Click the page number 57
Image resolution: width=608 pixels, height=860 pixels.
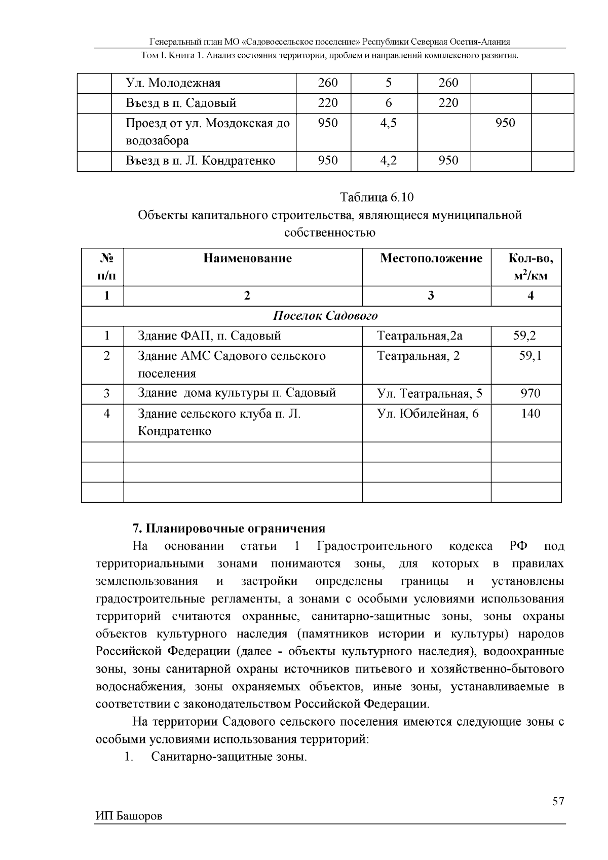pyautogui.click(x=558, y=801)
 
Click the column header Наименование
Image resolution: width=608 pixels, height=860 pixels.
pyautogui.click(x=247, y=258)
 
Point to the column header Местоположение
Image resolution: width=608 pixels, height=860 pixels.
pyautogui.click(x=431, y=258)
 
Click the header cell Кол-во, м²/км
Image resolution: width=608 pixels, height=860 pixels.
pyautogui.click(x=530, y=267)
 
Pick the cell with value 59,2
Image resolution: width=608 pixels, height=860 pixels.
pyautogui.click(x=524, y=335)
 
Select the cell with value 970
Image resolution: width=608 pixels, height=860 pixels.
pyautogui.click(x=530, y=393)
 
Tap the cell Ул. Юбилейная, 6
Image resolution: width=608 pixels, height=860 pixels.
pyautogui.click(x=428, y=414)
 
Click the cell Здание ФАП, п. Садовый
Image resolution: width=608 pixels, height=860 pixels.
pyautogui.click(x=209, y=335)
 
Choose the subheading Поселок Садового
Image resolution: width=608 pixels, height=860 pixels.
pyautogui.click(x=325, y=316)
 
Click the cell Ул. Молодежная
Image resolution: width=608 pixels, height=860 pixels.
pyautogui.click(x=173, y=83)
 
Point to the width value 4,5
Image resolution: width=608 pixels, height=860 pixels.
pyautogui.click(x=388, y=123)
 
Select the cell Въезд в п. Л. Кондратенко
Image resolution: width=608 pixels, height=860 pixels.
pyautogui.click(x=201, y=161)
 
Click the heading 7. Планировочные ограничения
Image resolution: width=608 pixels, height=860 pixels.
pyautogui.click(x=229, y=529)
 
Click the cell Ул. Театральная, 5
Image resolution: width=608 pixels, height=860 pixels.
pyautogui.click(x=430, y=393)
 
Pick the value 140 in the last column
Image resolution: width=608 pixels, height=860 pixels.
pyautogui.click(x=530, y=414)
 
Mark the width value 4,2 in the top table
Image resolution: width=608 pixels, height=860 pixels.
pyautogui.click(x=388, y=161)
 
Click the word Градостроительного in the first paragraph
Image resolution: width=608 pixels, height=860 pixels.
pyautogui.click(x=374, y=546)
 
